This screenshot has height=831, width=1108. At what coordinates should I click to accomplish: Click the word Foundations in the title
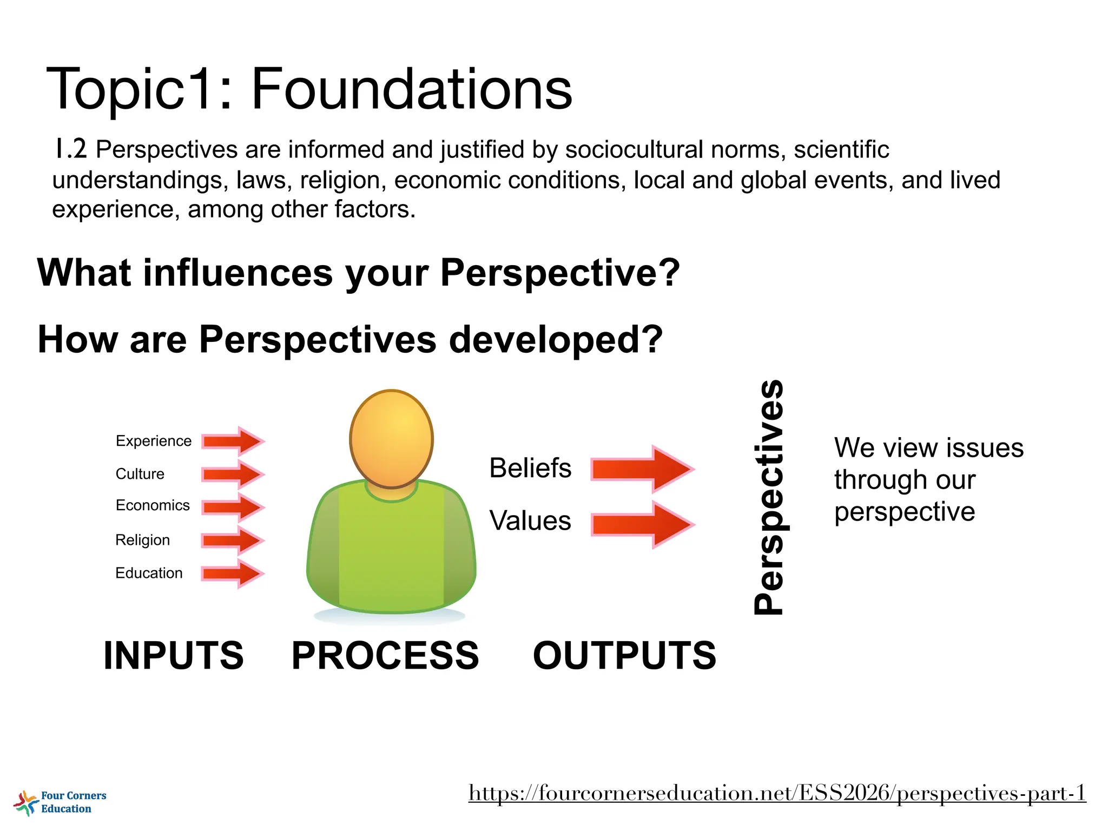point(411,89)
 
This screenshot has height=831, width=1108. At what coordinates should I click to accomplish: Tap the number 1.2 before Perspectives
point(70,149)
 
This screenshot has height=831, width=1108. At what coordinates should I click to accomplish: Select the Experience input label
point(153,441)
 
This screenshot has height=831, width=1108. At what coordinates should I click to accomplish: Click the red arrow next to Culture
point(233,474)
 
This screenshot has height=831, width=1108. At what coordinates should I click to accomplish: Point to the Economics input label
point(153,505)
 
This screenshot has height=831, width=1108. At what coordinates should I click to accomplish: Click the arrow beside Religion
point(233,540)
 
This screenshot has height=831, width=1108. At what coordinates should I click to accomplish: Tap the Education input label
point(149,573)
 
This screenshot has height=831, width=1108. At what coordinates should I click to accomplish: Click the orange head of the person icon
point(391,438)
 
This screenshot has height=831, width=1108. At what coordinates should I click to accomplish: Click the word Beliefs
point(530,468)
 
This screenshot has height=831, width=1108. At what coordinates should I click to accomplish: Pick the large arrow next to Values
point(642,524)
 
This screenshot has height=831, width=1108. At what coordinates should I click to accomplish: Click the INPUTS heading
point(174,655)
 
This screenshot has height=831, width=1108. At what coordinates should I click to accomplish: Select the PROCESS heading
point(385,655)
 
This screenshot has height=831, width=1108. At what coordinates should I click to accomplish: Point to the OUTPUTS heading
point(624,655)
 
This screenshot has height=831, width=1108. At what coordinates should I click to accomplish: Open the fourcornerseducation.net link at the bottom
point(777,793)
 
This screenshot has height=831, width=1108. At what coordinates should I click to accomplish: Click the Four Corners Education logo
point(60,802)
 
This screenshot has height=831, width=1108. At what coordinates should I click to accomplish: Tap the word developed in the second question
point(555,340)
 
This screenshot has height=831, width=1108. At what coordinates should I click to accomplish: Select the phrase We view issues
point(928,448)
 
